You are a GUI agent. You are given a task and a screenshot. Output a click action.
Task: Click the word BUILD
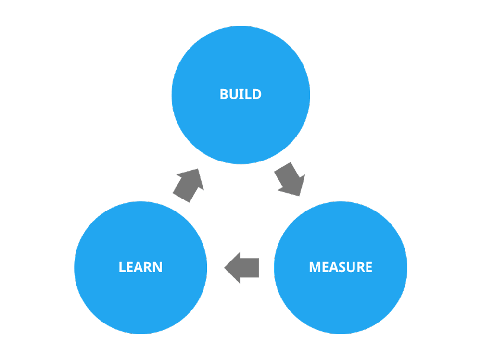tap(240, 94)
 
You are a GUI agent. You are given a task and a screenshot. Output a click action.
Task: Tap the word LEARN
tap(140, 267)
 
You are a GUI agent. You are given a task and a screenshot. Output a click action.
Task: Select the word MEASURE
tap(341, 267)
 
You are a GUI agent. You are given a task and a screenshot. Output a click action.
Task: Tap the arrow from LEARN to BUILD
tap(189, 185)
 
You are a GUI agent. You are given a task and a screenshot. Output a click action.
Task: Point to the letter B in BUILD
tap(224, 94)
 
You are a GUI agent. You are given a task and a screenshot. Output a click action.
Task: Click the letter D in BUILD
tap(257, 94)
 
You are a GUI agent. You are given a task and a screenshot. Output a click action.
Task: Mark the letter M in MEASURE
tap(315, 267)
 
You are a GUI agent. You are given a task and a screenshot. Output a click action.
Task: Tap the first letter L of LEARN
tap(122, 267)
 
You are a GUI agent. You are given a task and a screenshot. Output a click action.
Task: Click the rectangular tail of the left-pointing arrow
tap(251, 267)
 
